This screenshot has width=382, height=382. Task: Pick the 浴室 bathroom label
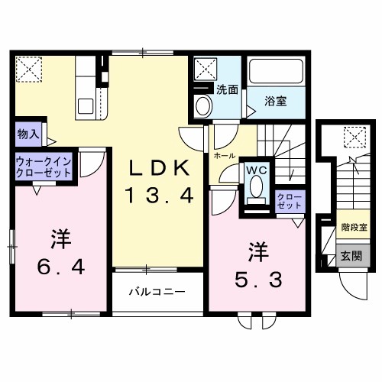277,101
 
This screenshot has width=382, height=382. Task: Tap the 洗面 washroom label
226,89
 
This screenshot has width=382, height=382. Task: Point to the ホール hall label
225,154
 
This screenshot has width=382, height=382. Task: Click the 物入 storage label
28,134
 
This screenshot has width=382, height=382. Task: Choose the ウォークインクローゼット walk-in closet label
43,167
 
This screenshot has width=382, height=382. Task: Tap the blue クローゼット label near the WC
289,202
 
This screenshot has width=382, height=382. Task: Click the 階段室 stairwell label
354,228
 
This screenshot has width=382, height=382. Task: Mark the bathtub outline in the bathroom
278,76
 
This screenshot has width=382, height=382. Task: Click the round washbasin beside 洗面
203,106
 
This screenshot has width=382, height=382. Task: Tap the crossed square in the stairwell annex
354,138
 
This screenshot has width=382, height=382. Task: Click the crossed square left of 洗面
205,71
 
